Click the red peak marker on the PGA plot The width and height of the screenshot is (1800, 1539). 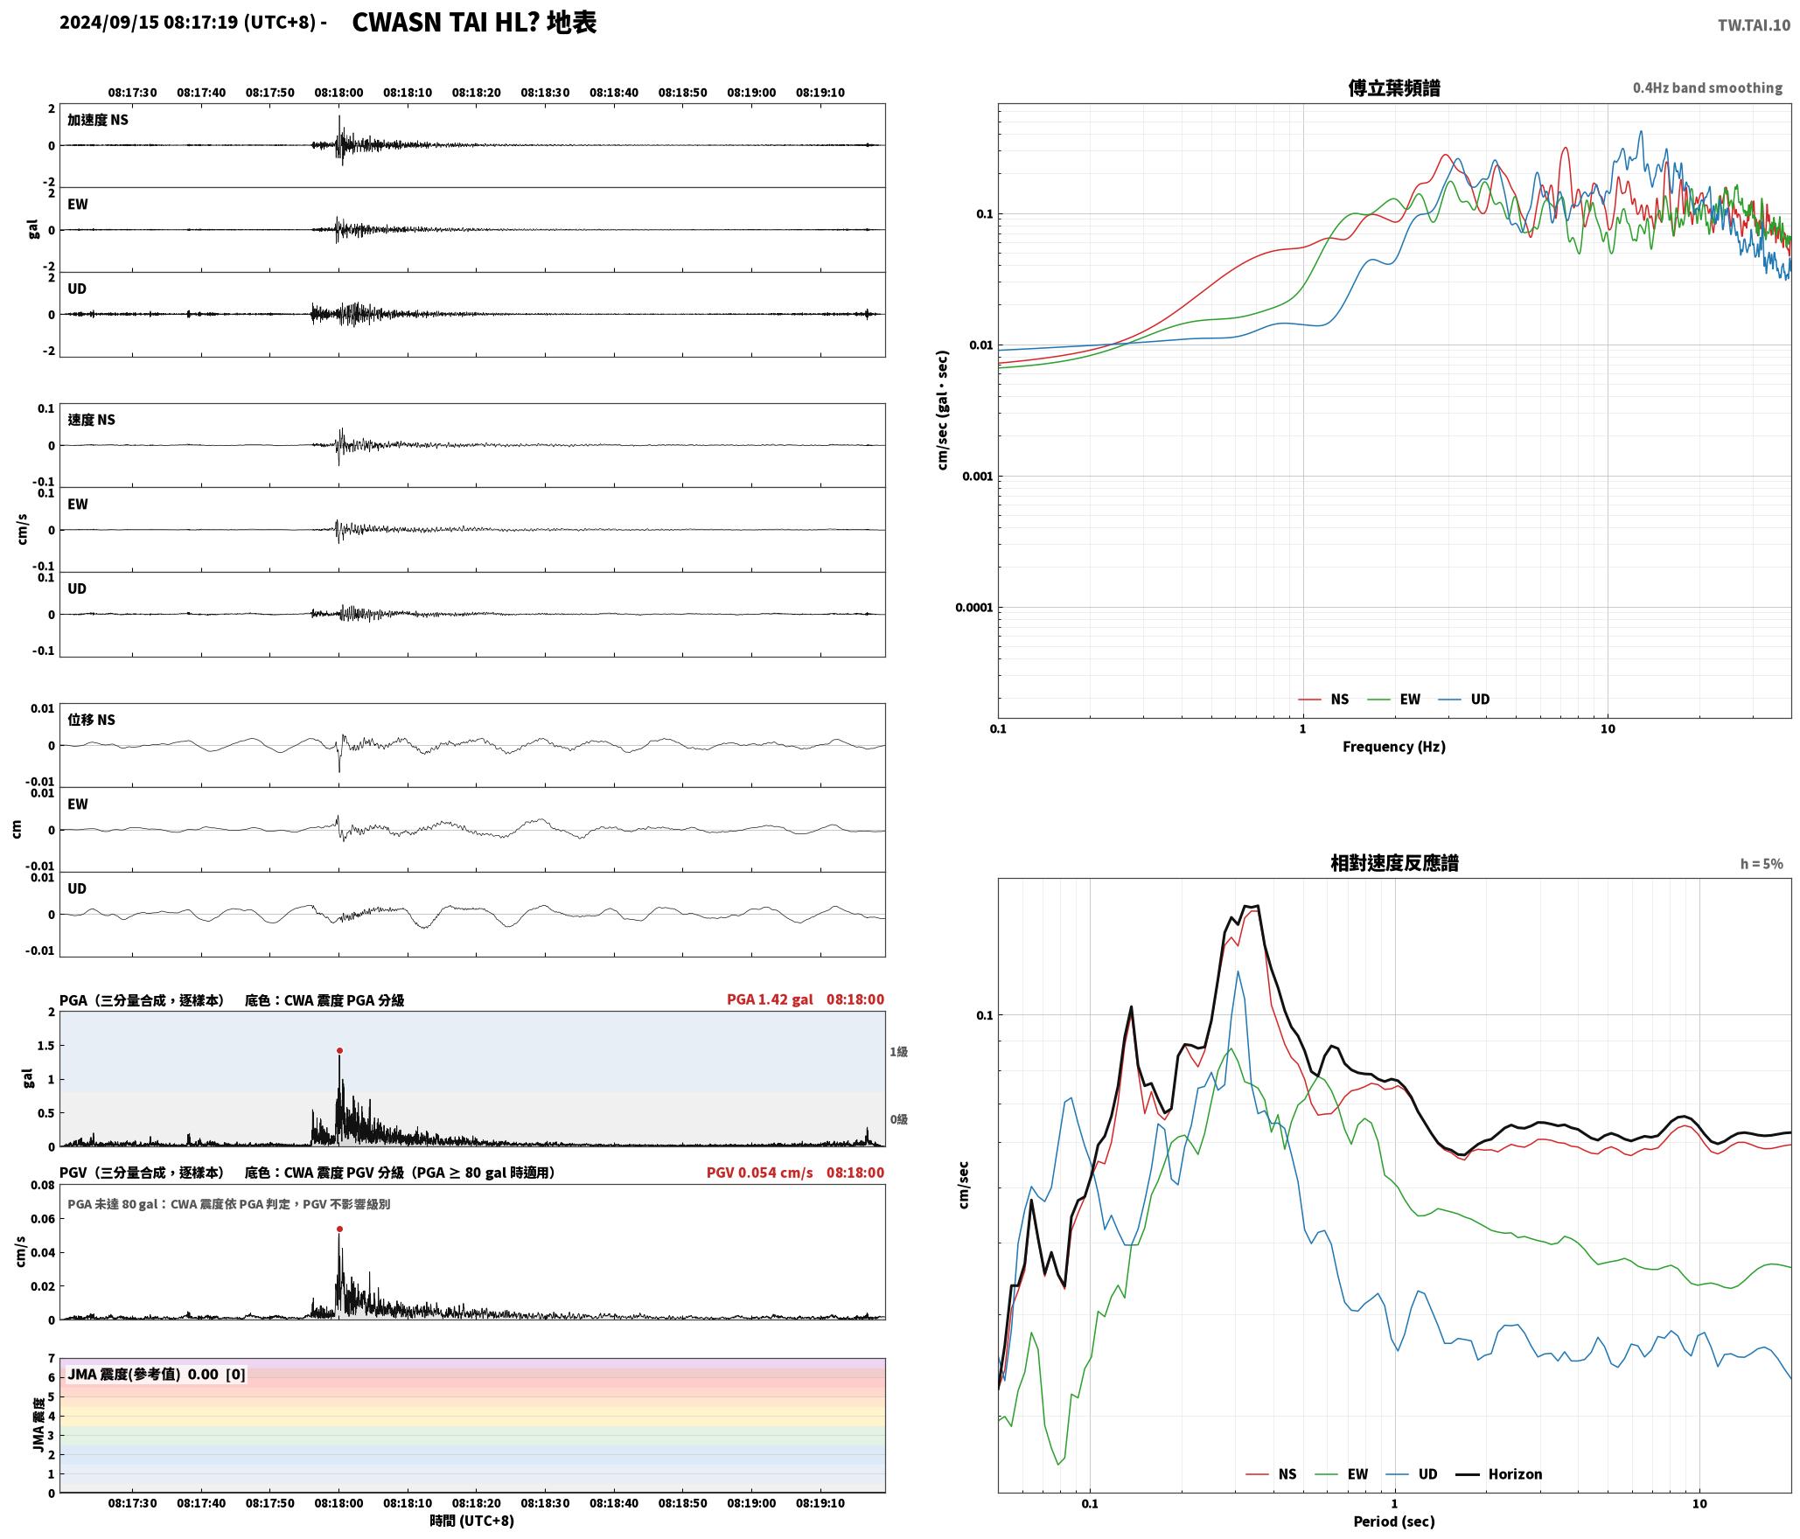pos(339,1051)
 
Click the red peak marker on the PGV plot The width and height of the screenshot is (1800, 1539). pos(339,1229)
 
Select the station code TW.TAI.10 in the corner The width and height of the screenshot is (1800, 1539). pos(1754,25)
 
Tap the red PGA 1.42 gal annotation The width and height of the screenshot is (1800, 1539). pos(770,999)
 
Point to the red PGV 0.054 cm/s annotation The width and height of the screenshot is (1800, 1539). pos(759,1173)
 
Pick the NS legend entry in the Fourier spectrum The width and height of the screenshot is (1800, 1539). pos(1323,700)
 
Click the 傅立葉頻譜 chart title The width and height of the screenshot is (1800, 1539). pos(1394,88)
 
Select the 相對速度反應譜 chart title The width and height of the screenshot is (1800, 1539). pos(1394,863)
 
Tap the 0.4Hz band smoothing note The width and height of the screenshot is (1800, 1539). pos(1707,88)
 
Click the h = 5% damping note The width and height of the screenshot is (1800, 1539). pos(1762,864)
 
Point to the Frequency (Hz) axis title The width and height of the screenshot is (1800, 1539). pos(1394,747)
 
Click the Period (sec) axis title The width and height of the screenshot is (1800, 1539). pos(1394,1522)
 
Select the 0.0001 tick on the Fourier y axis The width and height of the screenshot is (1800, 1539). pos(974,608)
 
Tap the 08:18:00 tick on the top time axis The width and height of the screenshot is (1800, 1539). pos(338,93)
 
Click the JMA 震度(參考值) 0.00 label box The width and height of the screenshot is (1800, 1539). pos(157,1375)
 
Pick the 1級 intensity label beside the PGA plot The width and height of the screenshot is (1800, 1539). pos(898,1052)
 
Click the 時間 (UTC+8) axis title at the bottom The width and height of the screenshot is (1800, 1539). pos(471,1522)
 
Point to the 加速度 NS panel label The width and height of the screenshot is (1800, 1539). pos(98,120)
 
